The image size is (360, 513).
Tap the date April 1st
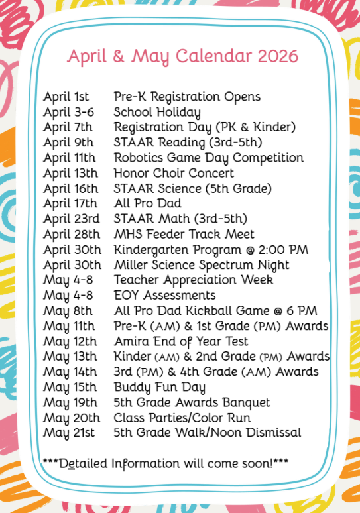[x=66, y=97]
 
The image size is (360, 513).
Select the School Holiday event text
[x=157, y=112]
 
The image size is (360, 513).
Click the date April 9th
[x=68, y=142]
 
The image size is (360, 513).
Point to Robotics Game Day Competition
[x=208, y=158]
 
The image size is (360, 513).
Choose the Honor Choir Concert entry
[x=174, y=173]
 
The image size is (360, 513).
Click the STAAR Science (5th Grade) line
[x=192, y=188]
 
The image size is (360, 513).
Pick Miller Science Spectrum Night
[x=202, y=264]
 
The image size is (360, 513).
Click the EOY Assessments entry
[x=164, y=295]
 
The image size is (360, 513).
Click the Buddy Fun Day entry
[x=159, y=387]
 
